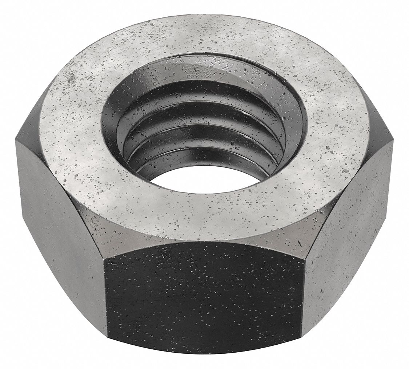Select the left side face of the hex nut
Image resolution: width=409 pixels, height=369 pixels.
coord(60,218)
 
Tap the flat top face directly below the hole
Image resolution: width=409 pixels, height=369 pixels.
coord(204,211)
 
